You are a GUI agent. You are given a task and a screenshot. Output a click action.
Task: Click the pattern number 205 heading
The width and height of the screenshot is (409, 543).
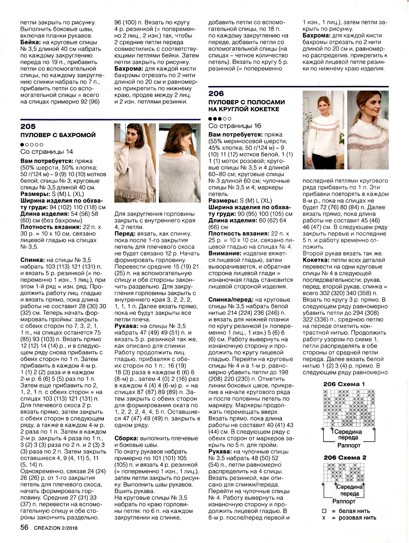click(28, 126)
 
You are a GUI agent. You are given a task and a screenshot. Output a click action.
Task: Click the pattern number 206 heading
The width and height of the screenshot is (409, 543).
click(216, 94)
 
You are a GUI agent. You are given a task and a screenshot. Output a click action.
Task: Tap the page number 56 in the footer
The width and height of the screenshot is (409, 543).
click(24, 528)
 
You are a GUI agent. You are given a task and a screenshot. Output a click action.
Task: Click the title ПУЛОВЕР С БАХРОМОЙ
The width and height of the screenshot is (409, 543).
click(58, 135)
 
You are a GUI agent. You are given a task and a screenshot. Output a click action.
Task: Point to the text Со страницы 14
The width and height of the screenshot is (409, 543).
click(47, 152)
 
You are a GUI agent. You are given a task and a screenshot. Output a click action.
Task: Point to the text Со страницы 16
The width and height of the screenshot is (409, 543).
click(235, 126)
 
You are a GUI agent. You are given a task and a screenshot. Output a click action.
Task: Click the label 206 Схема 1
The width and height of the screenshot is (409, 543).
click(344, 384)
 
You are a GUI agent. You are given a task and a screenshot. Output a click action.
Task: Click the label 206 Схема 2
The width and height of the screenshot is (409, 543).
click(345, 458)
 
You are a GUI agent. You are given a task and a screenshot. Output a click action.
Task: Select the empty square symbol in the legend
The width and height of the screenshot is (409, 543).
click(324, 511)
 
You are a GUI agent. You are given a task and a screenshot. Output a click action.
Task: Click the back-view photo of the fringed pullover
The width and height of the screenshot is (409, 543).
click(179, 163)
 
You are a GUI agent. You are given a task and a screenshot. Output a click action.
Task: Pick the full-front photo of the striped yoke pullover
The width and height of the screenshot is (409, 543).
click(323, 130)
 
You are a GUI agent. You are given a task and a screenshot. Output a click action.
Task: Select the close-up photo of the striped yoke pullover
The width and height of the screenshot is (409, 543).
click(368, 130)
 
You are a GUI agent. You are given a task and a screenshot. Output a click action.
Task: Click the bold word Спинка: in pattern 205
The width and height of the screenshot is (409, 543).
click(32, 259)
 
